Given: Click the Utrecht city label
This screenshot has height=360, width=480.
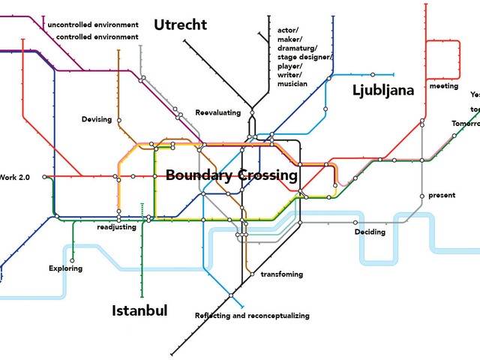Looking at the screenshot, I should pyautogui.click(x=180, y=25).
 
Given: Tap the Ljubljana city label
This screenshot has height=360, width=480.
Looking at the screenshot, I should pyautogui.click(x=383, y=91).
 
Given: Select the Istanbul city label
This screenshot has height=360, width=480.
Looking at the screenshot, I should pyautogui.click(x=139, y=310).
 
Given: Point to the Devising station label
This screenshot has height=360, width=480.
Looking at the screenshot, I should pyautogui.click(x=97, y=119).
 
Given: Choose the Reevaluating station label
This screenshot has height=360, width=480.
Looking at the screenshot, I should pyautogui.click(x=218, y=112).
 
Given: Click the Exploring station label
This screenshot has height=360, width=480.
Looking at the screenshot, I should pyautogui.click(x=66, y=268).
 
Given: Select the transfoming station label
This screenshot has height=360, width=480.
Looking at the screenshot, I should pyautogui.click(x=281, y=274).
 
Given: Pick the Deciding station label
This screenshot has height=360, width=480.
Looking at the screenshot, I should pyautogui.click(x=370, y=232).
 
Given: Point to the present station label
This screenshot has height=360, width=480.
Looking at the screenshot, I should pyautogui.click(x=442, y=196).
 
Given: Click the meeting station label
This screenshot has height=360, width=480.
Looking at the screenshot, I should pyautogui.click(x=444, y=87).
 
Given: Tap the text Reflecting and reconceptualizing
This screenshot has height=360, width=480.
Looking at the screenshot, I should pyautogui.click(x=252, y=316).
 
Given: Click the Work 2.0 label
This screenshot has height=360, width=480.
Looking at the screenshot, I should pyautogui.click(x=14, y=177).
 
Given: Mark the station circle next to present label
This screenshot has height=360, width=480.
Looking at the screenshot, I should pyautogui.click(x=421, y=196).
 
